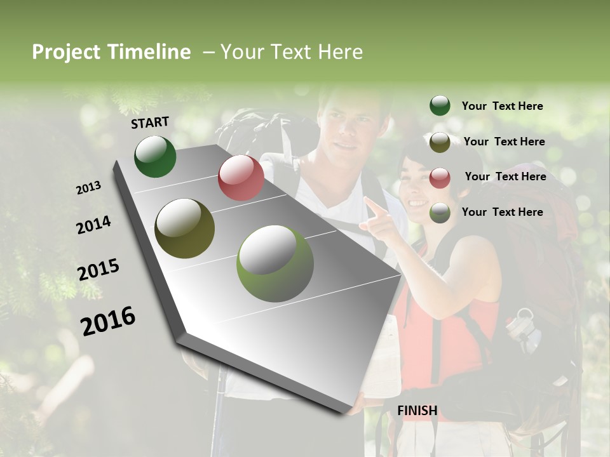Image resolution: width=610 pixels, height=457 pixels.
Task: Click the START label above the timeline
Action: point(150,122)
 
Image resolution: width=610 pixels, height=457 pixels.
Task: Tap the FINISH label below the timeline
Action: point(417,411)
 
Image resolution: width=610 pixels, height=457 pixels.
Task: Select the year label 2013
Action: point(89,188)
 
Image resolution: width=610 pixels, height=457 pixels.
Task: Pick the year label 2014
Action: point(93,225)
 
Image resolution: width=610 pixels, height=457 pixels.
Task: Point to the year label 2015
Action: point(98,270)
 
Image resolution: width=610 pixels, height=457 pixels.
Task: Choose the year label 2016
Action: point(108,321)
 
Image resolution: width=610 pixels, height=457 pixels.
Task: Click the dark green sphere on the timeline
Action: point(155,157)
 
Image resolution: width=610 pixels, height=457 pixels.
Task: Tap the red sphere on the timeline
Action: point(241,178)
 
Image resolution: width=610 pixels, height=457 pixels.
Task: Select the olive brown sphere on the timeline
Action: point(184,228)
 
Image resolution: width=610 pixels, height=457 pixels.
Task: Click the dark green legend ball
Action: point(440,106)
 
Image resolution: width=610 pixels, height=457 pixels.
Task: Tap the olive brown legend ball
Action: point(440,142)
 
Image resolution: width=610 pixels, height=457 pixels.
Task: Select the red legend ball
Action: point(440,177)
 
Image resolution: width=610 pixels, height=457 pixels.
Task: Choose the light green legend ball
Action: point(440,213)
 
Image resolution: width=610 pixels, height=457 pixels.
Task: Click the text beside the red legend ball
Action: point(505,176)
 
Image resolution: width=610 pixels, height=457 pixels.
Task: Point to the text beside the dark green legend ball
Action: point(502,106)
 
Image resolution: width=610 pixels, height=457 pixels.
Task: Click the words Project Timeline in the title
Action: point(111,52)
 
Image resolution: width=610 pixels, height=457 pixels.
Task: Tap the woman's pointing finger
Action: point(370,204)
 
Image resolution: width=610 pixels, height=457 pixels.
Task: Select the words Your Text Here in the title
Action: point(292,52)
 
